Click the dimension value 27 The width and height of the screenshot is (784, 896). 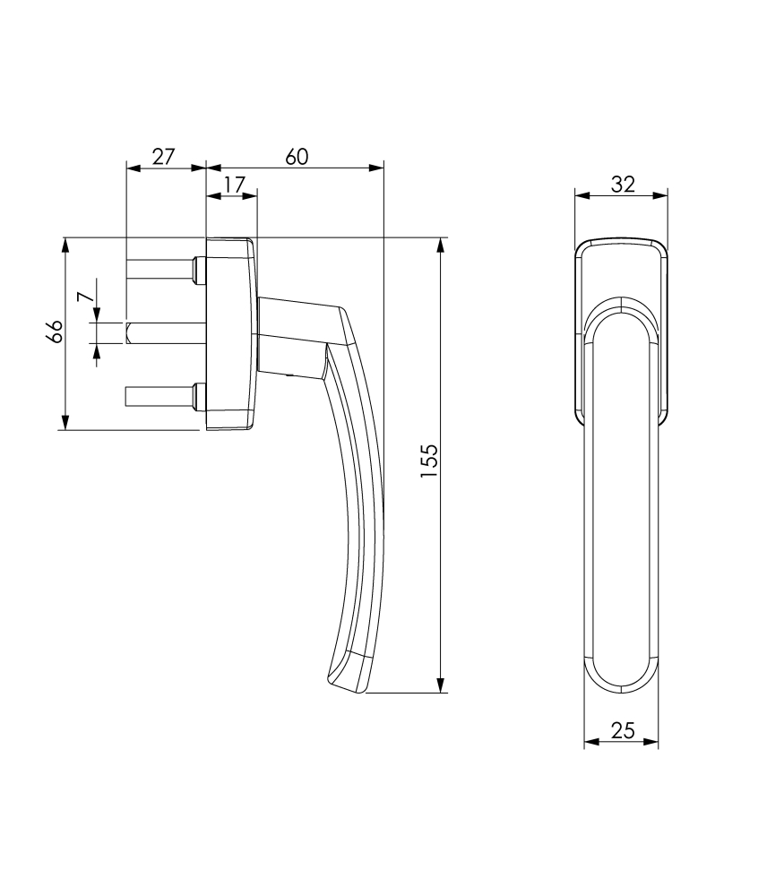[x=162, y=157]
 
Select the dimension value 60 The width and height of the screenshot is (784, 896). [x=297, y=157]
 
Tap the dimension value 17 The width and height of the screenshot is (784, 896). [x=233, y=185]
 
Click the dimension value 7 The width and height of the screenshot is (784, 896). [x=83, y=297]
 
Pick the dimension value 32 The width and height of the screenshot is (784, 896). [x=623, y=185]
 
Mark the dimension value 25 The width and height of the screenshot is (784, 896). [x=622, y=731]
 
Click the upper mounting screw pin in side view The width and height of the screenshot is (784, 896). [x=161, y=269]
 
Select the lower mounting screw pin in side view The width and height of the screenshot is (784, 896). [x=161, y=395]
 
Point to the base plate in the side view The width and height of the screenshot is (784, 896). [x=230, y=333]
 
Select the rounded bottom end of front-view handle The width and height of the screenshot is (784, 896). [x=622, y=676]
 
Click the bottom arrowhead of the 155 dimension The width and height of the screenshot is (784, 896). [x=440, y=685]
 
